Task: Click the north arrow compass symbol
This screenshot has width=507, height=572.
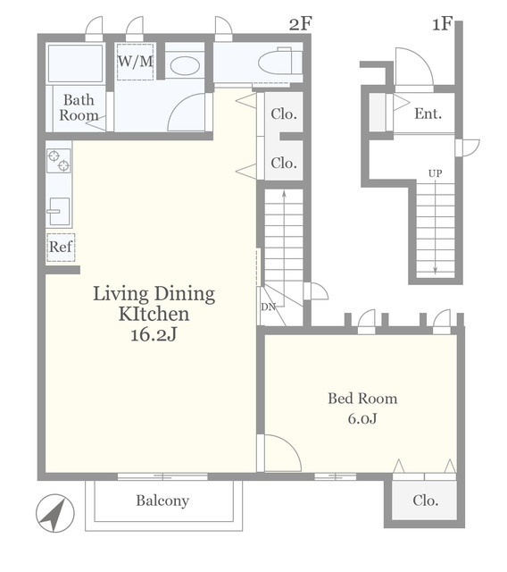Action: [55, 513]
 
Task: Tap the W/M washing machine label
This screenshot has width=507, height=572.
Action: [135, 62]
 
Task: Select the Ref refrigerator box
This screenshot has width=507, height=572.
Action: [61, 247]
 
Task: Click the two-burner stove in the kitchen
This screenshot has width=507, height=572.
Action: [59, 161]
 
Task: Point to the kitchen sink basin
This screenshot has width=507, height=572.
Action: [60, 211]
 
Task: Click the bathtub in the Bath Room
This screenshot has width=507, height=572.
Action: [75, 63]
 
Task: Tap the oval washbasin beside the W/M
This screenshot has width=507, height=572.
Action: [185, 66]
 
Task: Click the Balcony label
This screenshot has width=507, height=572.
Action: [162, 500]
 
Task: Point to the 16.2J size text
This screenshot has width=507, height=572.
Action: [154, 334]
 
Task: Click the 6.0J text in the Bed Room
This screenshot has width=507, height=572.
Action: [362, 418]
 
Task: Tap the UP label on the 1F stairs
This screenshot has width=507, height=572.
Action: [436, 173]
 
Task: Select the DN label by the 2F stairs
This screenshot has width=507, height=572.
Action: [268, 307]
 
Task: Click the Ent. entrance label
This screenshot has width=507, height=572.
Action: [428, 114]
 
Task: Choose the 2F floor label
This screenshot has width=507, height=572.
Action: [301, 24]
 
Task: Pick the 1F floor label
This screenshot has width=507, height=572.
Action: [442, 24]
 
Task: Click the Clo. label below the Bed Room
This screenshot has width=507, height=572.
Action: [426, 500]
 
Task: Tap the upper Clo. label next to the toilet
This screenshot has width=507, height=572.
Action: [284, 114]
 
